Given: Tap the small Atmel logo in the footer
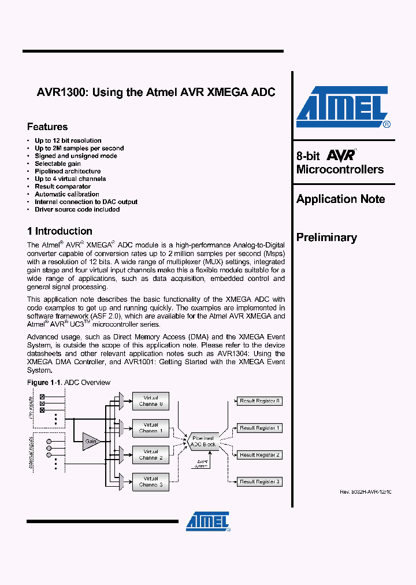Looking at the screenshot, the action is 208,521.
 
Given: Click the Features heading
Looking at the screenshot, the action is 47,127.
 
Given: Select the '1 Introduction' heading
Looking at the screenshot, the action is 60,231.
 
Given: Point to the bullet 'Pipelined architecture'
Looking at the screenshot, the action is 68,171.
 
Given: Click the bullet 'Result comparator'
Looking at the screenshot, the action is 62,187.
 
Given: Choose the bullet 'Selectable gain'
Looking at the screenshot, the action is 58,164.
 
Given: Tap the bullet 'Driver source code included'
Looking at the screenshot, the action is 77,209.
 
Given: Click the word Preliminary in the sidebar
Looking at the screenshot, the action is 326,238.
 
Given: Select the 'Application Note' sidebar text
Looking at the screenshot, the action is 340,199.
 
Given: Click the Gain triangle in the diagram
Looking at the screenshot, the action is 90,441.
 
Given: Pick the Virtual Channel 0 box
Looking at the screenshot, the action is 151,401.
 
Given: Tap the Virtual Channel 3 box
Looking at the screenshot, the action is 151,482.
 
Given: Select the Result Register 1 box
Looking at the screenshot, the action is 259,428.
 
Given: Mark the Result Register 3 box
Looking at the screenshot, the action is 259,482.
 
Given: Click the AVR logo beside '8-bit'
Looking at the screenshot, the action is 341,155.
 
